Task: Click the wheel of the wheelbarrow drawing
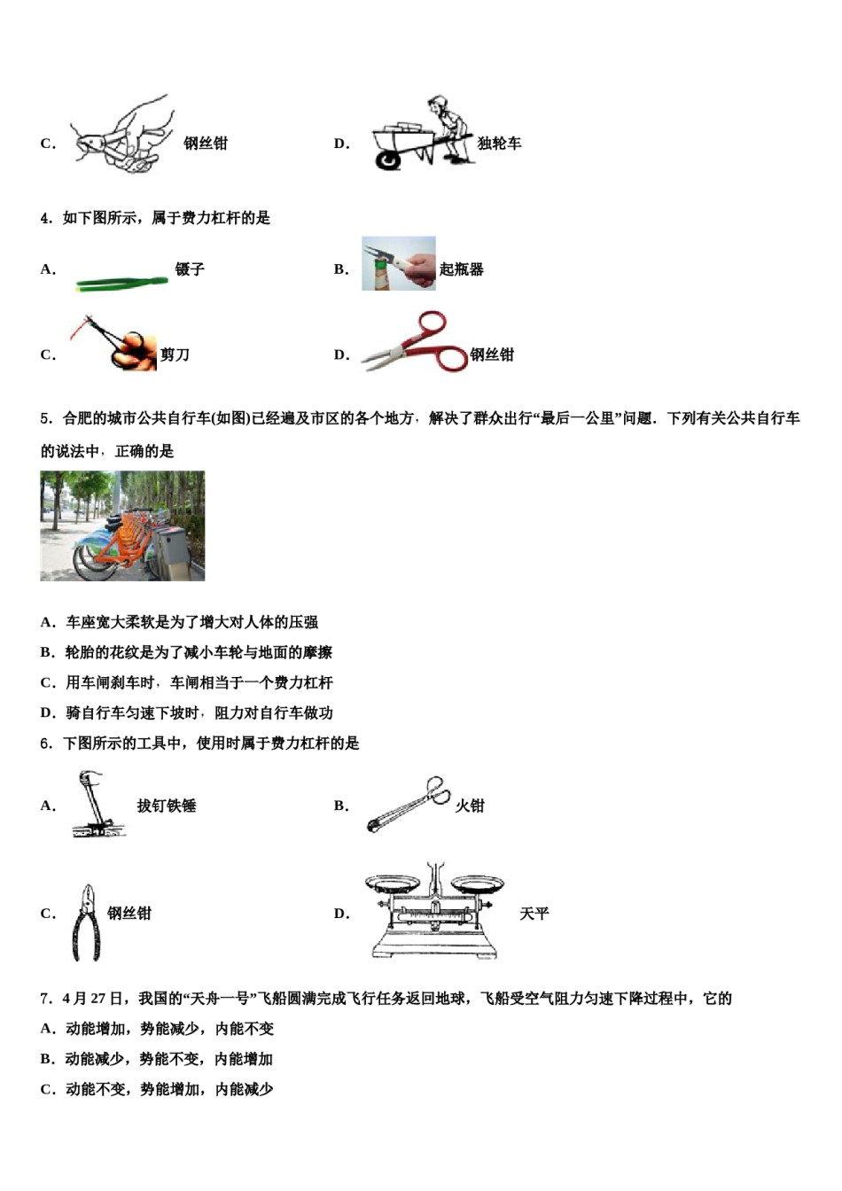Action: pos(387,160)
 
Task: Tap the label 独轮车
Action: pos(499,144)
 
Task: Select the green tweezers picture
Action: pos(121,283)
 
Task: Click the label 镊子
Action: pos(190,269)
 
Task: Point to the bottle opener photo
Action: pos(398,263)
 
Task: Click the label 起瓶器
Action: pos(461,269)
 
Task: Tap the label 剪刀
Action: pos(175,354)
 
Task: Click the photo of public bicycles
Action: pos(122,525)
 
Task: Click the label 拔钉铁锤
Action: pos(167,806)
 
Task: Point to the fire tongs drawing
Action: pos(408,805)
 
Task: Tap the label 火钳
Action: pos(470,806)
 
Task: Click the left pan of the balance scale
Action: pos(393,884)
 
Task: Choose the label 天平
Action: pos(534,914)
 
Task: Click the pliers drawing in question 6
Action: pos(86,922)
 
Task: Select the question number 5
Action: pos(45,418)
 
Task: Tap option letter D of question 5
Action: pos(48,712)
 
